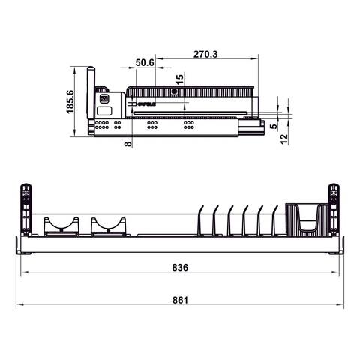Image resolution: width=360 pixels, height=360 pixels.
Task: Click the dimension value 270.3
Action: click(205, 54)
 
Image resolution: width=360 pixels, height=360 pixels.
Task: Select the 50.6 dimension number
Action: click(145, 63)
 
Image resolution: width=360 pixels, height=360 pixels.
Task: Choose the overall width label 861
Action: click(179, 300)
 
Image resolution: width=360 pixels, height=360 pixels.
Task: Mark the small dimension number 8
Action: click(127, 142)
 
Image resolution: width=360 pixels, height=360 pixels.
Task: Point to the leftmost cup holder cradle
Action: click(61, 225)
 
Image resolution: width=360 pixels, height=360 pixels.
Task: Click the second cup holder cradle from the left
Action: click(109, 225)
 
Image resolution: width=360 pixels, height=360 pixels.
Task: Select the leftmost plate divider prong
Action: click(200, 220)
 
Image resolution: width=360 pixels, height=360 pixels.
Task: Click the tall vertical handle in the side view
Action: click(92, 101)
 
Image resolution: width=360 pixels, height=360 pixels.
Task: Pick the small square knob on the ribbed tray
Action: click(174, 91)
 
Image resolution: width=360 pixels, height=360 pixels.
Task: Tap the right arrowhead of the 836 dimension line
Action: click(333, 274)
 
